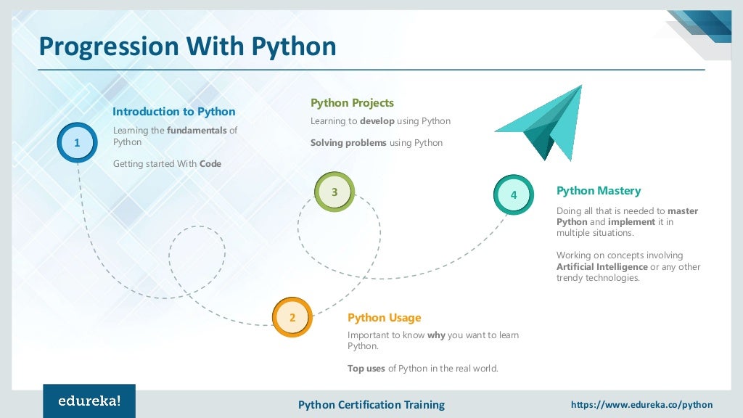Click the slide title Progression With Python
187,46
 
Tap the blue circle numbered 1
77,143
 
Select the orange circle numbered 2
292,317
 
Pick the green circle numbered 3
334,192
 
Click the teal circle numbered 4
514,194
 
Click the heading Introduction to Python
173,112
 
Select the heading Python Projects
352,103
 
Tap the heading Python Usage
384,318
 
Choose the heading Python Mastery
599,191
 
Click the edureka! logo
89,401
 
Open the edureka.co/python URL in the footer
641,404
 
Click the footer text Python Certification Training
371,404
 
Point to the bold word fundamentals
197,131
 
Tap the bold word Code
210,164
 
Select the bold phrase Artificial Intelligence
602,267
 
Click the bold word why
436,335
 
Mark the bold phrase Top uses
366,369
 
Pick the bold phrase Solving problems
348,143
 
